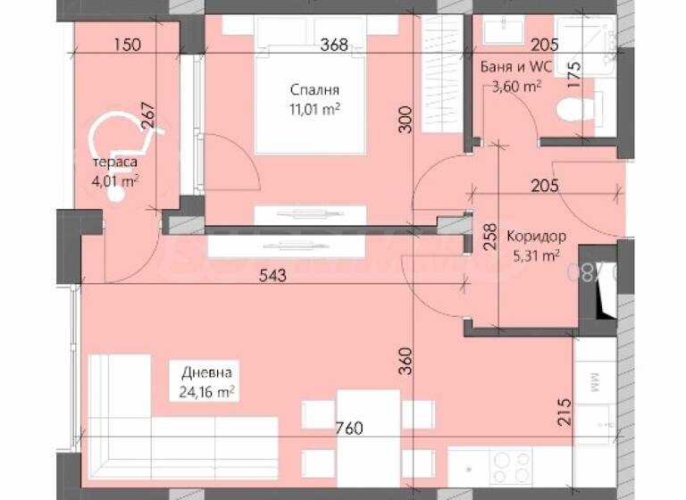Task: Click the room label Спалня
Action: pos(314,89)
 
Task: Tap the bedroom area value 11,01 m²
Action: pos(313,109)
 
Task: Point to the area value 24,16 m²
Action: pos(206,391)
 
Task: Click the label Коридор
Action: pos(535,237)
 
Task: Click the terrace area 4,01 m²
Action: pos(116,181)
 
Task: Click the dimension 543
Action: pos(272,276)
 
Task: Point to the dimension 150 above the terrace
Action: pos(128,46)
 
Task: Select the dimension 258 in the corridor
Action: pos(488,238)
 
